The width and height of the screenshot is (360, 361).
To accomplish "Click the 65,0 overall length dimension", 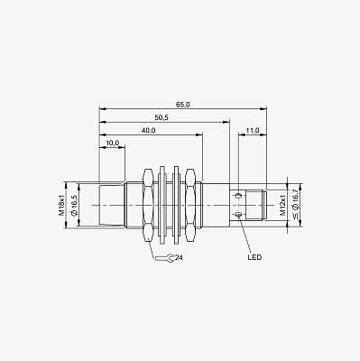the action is (183, 105).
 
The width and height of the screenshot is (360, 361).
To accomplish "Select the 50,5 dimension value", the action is (162, 117).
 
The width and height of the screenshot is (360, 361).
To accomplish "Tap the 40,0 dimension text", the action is (148, 130).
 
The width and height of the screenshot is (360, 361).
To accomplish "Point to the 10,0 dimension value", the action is (113, 143).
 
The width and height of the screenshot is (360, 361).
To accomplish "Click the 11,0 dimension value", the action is (253, 130).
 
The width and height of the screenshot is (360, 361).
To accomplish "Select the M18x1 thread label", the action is (61, 206).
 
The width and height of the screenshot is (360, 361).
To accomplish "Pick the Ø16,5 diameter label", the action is (74, 205).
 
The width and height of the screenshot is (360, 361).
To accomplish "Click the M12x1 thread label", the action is (282, 205).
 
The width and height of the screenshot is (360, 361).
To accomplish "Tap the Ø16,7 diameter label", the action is (295, 205).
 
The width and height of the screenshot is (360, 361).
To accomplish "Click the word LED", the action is (254, 257).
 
